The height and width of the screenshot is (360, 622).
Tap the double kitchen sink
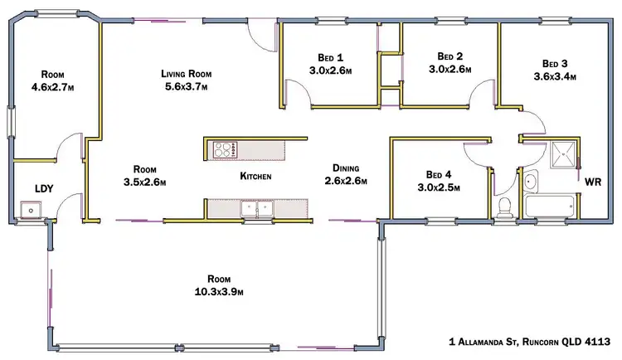coord(256,209)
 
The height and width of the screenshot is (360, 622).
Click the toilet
coord(504,207)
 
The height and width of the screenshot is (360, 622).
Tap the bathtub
coord(551,205)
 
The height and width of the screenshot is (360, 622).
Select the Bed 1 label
coord(331,57)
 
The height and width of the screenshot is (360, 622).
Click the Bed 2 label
coord(450,56)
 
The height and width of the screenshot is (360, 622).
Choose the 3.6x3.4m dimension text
coord(555,76)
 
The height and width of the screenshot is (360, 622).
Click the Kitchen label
coord(255,176)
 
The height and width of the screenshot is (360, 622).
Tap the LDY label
coord(43,189)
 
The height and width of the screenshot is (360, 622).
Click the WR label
coord(593,181)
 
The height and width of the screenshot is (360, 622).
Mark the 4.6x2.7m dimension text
coord(54,85)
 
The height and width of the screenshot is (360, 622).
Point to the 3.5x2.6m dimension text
coord(145,182)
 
